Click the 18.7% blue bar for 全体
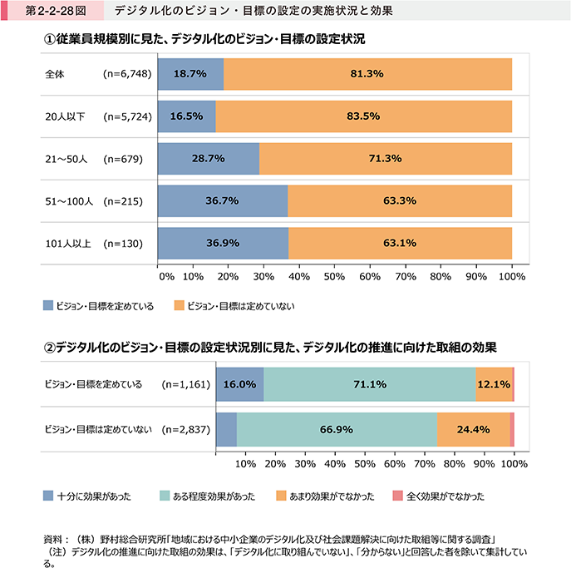(190, 73)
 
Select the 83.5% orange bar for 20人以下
(363, 116)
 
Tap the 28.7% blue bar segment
(208, 158)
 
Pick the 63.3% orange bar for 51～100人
(400, 200)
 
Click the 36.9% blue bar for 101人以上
(223, 244)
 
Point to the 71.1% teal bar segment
(369, 385)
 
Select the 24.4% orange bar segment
(473, 429)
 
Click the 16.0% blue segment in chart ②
(239, 385)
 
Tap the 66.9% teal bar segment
(337, 429)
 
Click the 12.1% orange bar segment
(494, 385)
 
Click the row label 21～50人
(66, 158)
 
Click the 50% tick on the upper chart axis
(334, 275)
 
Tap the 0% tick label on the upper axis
(165, 275)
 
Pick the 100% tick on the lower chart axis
(513, 463)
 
